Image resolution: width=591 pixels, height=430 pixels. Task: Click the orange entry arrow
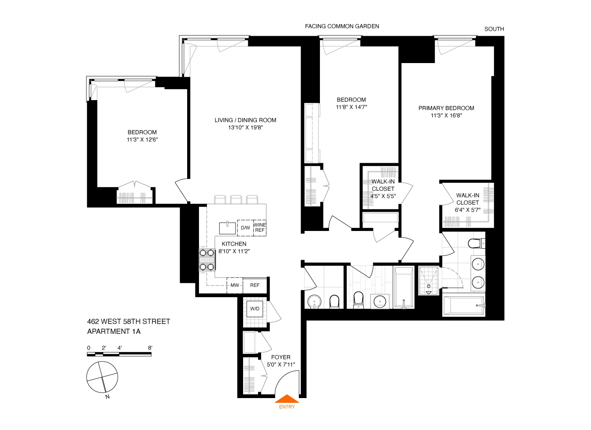point(286,399)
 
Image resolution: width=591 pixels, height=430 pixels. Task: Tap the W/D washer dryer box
point(255,309)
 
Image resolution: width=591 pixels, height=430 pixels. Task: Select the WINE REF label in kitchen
point(260,227)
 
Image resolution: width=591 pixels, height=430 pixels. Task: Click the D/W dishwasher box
point(245,228)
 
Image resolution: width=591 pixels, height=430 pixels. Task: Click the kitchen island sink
point(227,228)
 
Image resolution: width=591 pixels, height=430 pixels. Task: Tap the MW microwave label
point(235,285)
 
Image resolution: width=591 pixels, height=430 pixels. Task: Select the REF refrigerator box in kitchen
point(255,285)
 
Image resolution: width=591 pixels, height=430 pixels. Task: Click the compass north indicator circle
point(102,377)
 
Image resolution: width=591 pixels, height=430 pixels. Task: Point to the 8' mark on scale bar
point(150,348)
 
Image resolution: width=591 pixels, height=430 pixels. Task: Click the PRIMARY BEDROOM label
point(446,108)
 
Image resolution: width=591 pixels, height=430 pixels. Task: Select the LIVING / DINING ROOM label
point(245,120)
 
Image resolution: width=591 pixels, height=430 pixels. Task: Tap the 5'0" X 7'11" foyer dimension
point(281,365)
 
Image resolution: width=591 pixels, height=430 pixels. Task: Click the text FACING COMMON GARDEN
point(342,26)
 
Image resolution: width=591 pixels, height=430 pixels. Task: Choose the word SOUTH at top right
point(494,29)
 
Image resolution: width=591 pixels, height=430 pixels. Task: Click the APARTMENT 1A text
point(113,331)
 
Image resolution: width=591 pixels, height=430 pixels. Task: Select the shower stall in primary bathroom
point(428,280)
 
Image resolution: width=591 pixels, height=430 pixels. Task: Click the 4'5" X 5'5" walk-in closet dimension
point(383,196)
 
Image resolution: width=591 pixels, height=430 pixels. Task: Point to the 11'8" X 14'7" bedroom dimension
point(351,107)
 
